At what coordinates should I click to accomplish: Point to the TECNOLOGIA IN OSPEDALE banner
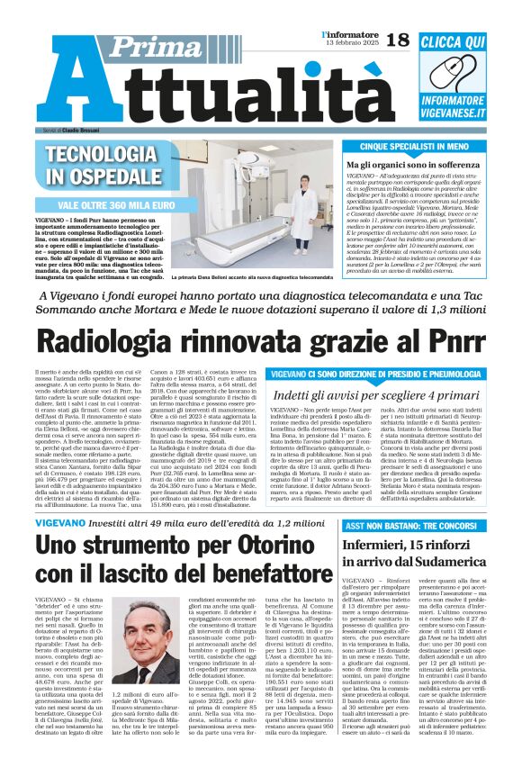pos(101,165)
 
